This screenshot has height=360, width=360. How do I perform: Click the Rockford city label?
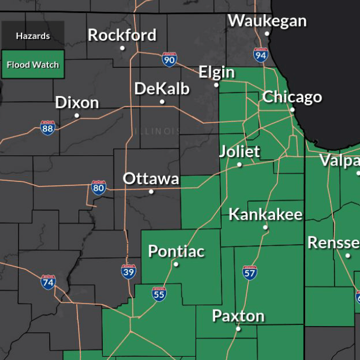[122, 35]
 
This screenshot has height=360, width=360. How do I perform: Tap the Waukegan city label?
[267, 21]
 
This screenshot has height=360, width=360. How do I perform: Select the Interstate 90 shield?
[169, 59]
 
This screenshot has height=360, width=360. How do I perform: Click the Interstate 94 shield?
[261, 55]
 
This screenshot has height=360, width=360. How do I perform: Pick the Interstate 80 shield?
[99, 188]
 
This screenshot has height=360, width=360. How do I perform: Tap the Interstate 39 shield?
[129, 271]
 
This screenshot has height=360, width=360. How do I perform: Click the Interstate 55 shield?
[159, 293]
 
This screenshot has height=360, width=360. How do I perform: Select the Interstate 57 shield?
[250, 272]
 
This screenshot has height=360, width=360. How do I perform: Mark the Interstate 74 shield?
[48, 281]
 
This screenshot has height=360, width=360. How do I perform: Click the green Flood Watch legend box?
[33, 64]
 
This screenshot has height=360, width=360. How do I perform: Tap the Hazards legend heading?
[33, 36]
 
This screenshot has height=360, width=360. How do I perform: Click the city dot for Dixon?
[77, 115]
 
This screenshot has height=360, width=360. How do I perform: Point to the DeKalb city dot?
[162, 102]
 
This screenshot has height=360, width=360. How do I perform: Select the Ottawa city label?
[151, 179]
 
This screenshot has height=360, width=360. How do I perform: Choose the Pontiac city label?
[176, 251]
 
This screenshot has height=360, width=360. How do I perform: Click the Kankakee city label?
[266, 215]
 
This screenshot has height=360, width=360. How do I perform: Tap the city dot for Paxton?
[238, 328]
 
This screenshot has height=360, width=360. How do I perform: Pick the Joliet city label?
[240, 151]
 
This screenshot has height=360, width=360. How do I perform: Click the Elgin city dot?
[216, 85]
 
